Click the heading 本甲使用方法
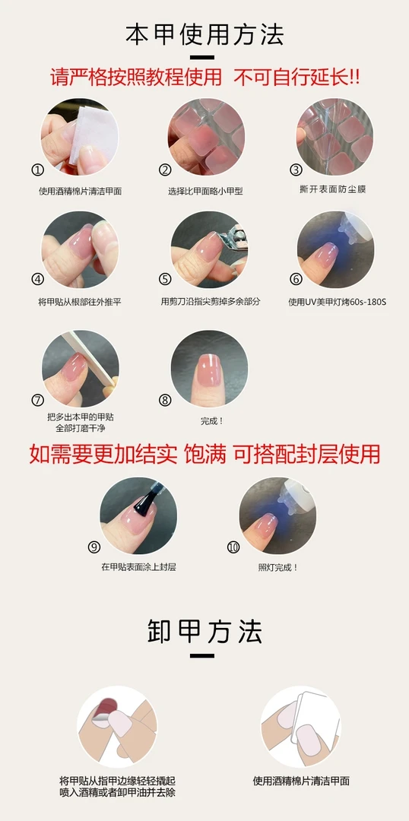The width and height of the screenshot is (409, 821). pyautogui.click(x=204, y=34)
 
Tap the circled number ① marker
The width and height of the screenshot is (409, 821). pyautogui.click(x=38, y=170)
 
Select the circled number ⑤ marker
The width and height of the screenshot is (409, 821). pyautogui.click(x=166, y=279)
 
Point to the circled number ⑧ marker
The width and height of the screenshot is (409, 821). pyautogui.click(x=166, y=400)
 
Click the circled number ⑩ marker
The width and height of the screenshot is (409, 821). pyautogui.click(x=233, y=547)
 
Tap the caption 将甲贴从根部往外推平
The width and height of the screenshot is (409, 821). pyautogui.click(x=80, y=302)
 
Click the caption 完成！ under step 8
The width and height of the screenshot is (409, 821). pyautogui.click(x=212, y=420)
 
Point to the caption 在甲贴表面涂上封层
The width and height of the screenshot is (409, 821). pyautogui.click(x=139, y=567)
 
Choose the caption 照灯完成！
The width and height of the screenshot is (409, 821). pyautogui.click(x=278, y=567)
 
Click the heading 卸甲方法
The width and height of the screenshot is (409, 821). pyautogui.click(x=204, y=632)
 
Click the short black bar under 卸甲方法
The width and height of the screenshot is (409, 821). pyautogui.click(x=202, y=655)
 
